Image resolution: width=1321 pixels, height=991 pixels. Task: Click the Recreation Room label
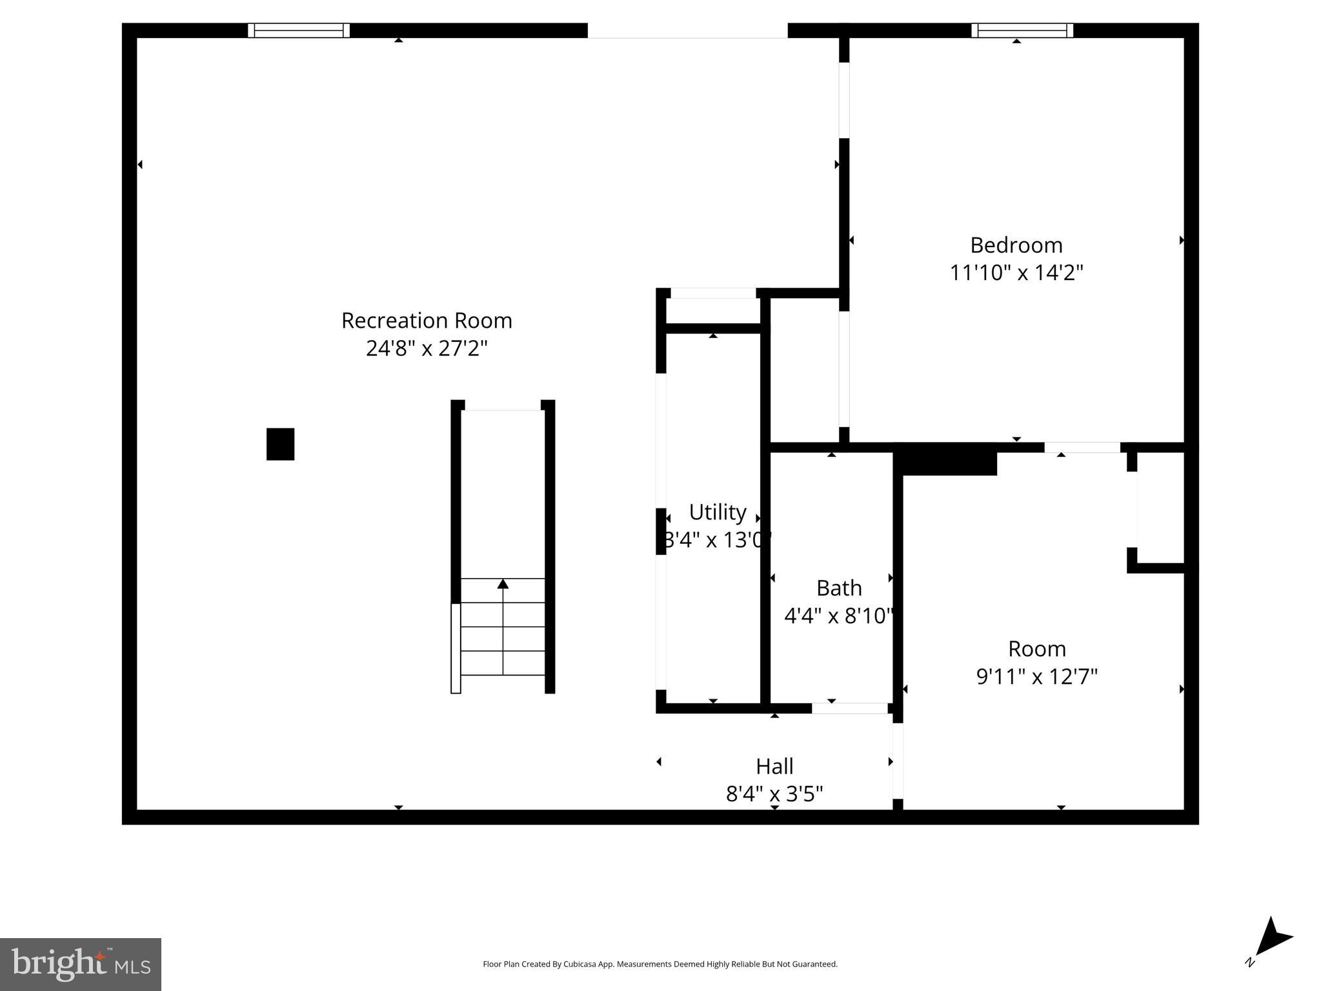coord(427,321)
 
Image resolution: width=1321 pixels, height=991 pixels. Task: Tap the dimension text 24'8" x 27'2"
coord(427,348)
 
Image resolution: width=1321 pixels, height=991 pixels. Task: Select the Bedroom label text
coord(1016,245)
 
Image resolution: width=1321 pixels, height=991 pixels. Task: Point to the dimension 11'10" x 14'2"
coord(1016,273)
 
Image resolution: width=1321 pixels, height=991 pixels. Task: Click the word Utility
coord(717,512)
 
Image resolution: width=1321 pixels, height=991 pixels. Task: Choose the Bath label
coord(838,588)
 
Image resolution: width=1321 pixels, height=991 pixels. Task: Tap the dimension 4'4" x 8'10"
coord(838,616)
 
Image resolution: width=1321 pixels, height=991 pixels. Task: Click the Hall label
coord(774,766)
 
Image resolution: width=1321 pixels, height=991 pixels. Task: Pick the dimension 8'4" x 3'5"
coord(774,794)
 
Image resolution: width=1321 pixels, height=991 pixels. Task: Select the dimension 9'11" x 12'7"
coord(1036,676)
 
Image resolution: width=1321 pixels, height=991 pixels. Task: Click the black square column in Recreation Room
coord(280,444)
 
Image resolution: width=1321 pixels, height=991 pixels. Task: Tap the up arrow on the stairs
coord(503,584)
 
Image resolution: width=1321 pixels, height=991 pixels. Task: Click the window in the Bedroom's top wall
coord(1022,30)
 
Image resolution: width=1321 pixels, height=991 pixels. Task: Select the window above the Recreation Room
coord(299,30)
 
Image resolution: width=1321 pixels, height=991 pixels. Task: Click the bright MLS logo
coord(80,965)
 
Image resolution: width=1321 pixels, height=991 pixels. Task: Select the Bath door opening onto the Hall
coord(849,708)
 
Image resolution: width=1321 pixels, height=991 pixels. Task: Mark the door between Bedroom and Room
coord(1082,447)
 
